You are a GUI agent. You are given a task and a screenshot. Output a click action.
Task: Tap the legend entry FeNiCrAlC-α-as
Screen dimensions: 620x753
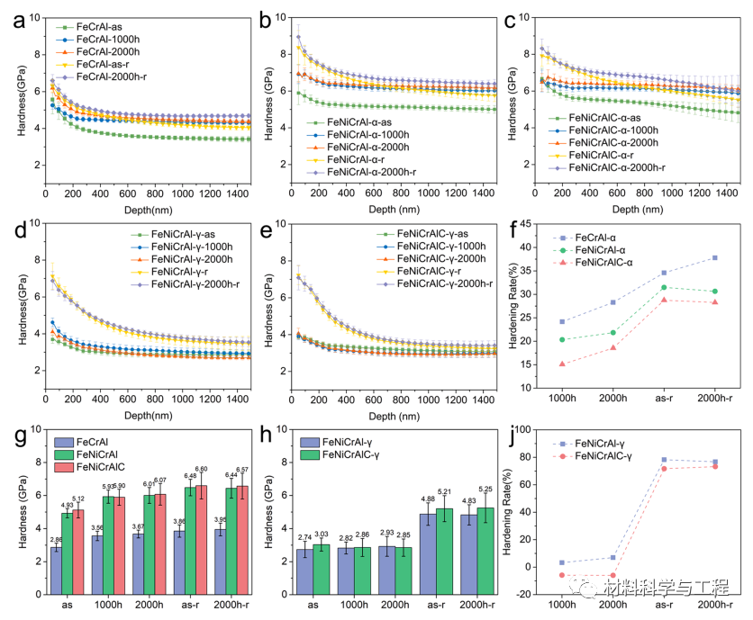609,118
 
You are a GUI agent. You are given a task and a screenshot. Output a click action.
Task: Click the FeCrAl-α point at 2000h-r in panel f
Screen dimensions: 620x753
715,257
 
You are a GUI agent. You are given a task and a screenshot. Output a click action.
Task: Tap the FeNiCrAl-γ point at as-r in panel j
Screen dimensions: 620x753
664,460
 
